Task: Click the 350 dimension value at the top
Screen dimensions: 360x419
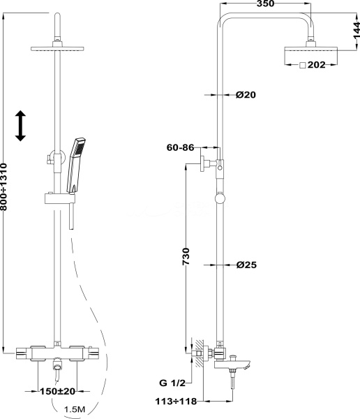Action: pos(265,3)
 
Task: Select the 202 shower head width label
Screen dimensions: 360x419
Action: pos(317,65)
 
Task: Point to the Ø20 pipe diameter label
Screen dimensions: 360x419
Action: pos(246,94)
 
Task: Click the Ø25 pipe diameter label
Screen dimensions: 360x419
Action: pos(246,265)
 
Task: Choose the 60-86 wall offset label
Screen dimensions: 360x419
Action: pos(180,147)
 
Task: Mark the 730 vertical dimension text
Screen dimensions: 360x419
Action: pos(186,256)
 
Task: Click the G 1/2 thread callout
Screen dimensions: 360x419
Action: pos(172,383)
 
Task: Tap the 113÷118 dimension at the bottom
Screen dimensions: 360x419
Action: pos(176,401)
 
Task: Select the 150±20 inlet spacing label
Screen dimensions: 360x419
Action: pos(57,391)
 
